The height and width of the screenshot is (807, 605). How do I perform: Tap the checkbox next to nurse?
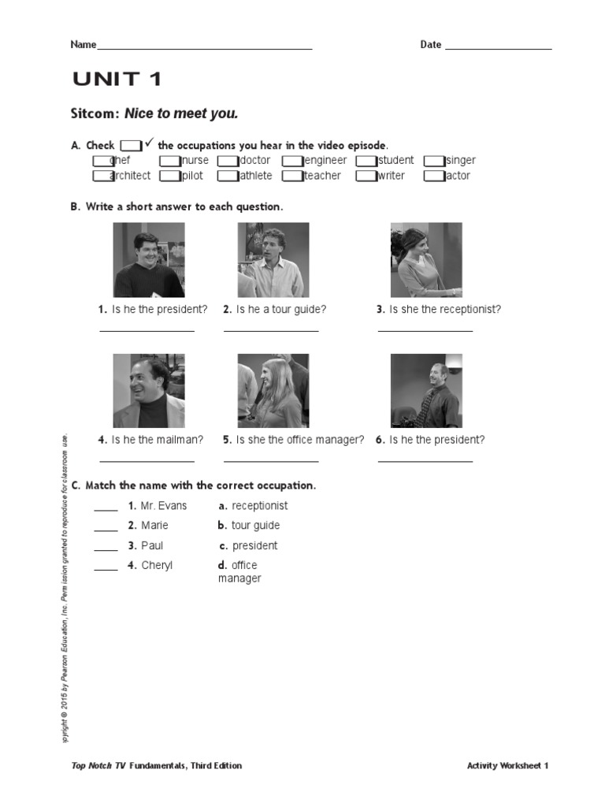[170, 161]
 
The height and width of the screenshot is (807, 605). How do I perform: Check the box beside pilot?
[170, 176]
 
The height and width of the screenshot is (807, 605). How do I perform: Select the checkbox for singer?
[434, 161]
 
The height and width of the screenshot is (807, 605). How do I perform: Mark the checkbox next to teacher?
[292, 176]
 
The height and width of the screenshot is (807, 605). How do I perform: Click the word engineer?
[325, 161]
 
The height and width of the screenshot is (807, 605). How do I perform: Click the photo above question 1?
[149, 259]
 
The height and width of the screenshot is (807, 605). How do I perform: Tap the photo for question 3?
[426, 259]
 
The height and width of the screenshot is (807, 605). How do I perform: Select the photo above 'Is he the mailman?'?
[149, 390]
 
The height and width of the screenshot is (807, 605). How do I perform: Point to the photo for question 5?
[273, 390]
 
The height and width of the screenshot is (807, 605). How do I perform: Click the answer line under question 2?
[271, 330]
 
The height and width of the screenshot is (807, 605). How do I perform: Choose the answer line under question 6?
[425, 461]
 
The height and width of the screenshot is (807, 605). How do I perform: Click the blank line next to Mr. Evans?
[106, 510]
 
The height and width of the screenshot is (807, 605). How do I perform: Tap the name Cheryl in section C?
[157, 565]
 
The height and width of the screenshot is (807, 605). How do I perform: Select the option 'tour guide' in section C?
[255, 526]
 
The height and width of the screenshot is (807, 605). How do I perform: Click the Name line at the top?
[204, 47]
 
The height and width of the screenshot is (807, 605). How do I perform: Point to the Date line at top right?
[498, 47]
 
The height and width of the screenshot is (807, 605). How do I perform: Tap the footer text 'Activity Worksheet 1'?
[507, 765]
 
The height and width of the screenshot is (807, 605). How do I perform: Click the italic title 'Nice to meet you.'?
[181, 113]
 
